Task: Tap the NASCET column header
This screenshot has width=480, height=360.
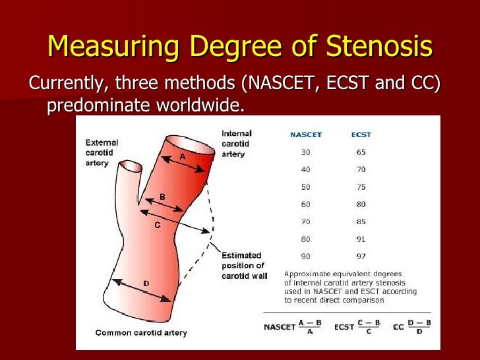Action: click(306, 135)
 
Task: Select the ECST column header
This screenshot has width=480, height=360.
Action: click(361, 135)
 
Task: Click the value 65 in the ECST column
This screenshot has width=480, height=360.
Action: click(361, 152)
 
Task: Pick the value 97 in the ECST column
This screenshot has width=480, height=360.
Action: click(361, 256)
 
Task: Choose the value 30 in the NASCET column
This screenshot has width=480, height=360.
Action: click(306, 152)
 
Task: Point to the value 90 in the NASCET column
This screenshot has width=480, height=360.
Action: click(306, 256)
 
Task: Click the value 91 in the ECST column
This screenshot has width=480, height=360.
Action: click(361, 239)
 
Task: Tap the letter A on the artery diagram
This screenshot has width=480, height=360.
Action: click(183, 157)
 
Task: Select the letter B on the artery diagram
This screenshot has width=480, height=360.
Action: click(162, 197)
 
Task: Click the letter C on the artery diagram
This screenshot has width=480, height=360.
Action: click(157, 225)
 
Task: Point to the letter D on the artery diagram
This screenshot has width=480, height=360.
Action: click(146, 284)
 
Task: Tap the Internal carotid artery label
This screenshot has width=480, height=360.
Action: click(237, 144)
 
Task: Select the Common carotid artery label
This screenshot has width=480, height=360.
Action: click(140, 332)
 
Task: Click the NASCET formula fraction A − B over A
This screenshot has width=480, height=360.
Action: click(311, 327)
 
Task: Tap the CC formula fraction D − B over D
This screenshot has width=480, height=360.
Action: click(419, 327)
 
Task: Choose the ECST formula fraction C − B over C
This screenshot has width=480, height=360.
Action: click(369, 327)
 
